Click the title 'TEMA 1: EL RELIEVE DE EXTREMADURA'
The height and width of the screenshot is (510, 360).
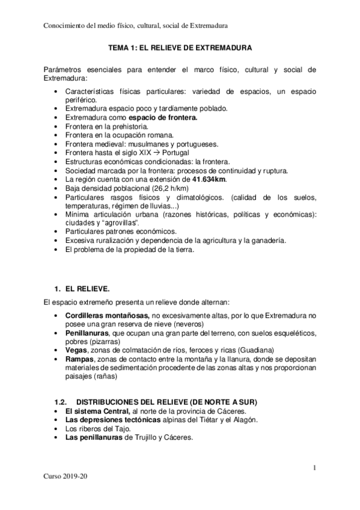point(180,46)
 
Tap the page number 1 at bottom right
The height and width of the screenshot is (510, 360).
point(314,467)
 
